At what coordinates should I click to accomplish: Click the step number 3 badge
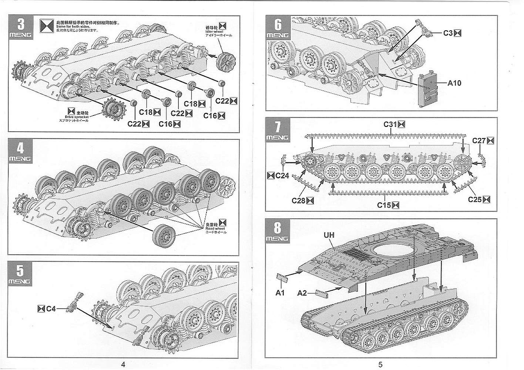pyautogui.click(x=21, y=27)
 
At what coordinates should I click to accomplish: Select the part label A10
pyautogui.click(x=454, y=83)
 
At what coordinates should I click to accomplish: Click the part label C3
pyautogui.click(x=449, y=33)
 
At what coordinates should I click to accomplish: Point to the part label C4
pyautogui.click(x=51, y=308)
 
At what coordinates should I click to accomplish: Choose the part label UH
pyautogui.click(x=329, y=235)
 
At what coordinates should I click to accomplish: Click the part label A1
pyautogui.click(x=280, y=293)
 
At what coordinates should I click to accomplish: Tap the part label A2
pyautogui.click(x=302, y=293)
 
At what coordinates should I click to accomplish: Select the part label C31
pyautogui.click(x=390, y=124)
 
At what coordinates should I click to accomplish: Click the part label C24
pyautogui.click(x=282, y=175)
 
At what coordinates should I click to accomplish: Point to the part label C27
pyautogui.click(x=479, y=141)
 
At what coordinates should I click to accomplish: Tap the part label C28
pyautogui.click(x=298, y=201)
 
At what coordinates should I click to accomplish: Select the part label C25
pyautogui.click(x=475, y=199)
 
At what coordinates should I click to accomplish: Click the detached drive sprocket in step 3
pyautogui.click(x=114, y=110)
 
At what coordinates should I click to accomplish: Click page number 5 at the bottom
pyautogui.click(x=380, y=364)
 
